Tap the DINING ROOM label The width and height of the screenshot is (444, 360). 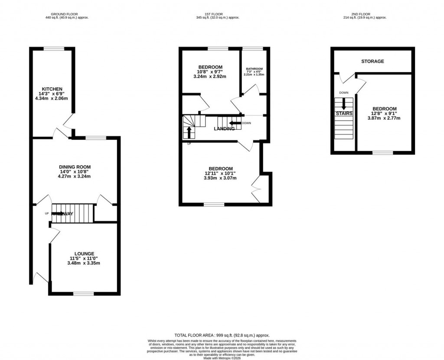[x=75, y=167]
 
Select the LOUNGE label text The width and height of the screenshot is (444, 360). [x=84, y=253]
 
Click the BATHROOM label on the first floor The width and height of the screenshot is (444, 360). [x=254, y=69]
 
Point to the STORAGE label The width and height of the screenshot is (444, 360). [x=372, y=62]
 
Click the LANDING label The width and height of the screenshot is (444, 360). [x=224, y=128]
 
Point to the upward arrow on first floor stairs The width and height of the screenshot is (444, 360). [x=189, y=132]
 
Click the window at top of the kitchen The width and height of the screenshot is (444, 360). [x=52, y=49]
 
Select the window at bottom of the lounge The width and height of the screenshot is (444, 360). [x=83, y=294]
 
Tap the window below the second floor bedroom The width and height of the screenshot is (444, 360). [x=383, y=152]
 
